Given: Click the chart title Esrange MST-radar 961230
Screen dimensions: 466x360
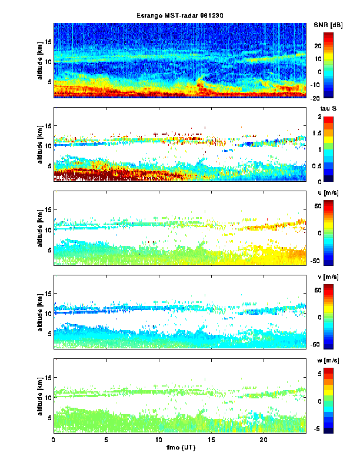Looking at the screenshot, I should (x=179, y=15).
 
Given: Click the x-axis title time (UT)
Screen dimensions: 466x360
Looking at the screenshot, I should (x=179, y=448).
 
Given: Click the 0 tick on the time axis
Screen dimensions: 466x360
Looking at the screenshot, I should (x=54, y=440).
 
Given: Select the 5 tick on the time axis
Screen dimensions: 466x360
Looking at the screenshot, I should (x=106, y=440).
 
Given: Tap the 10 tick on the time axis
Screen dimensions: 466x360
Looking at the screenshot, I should (x=158, y=440).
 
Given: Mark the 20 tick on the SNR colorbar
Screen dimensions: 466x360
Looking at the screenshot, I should (x=331, y=45).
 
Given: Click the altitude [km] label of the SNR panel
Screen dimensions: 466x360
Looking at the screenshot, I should (x=40, y=60).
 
